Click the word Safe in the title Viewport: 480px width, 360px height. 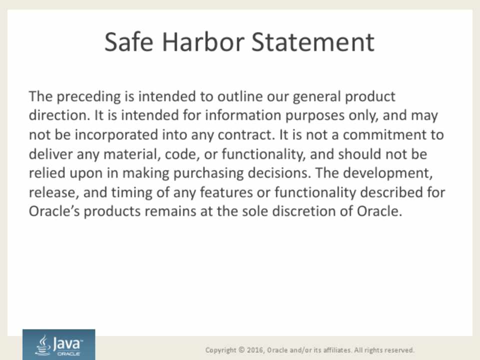(x=129, y=42)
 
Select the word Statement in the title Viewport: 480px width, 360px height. (x=313, y=42)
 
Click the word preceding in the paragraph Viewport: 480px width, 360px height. (x=89, y=96)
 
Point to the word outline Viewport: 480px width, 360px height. (x=240, y=96)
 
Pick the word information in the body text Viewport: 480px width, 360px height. (x=243, y=115)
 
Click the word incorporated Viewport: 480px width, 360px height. (x=116, y=135)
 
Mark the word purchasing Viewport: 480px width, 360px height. (x=208, y=173)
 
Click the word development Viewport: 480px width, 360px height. (x=388, y=173)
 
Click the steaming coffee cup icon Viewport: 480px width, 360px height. (x=43, y=345)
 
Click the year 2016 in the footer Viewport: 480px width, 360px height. (x=255, y=350)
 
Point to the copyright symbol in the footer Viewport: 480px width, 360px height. (x=242, y=349)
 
